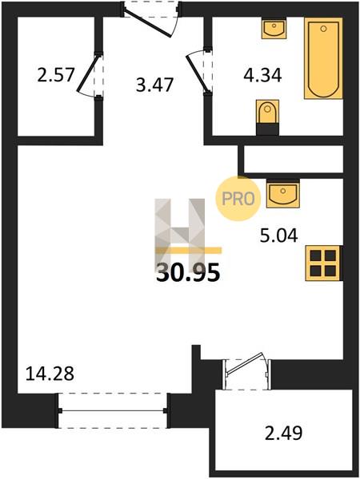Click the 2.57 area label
pyautogui.click(x=56, y=75)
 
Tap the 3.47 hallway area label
pyautogui.click(x=154, y=85)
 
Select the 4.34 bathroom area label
pyautogui.click(x=262, y=76)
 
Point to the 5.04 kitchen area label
pyautogui.click(x=278, y=236)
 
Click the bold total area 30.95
pyautogui.click(x=188, y=273)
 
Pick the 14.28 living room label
pyautogui.click(x=50, y=374)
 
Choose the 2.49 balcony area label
pyautogui.click(x=283, y=433)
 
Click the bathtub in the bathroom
pyautogui.click(x=323, y=58)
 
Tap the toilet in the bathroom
pyautogui.click(x=267, y=117)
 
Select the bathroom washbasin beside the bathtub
pyautogui.click(x=274, y=28)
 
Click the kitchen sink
pyautogui.click(x=283, y=194)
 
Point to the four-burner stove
pyautogui.click(x=323, y=263)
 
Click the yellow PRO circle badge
pyautogui.click(x=238, y=199)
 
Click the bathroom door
pyautogui.click(x=199, y=71)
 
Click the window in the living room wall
pyautogui.click(x=113, y=410)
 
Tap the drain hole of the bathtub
pyautogui.click(x=323, y=29)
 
